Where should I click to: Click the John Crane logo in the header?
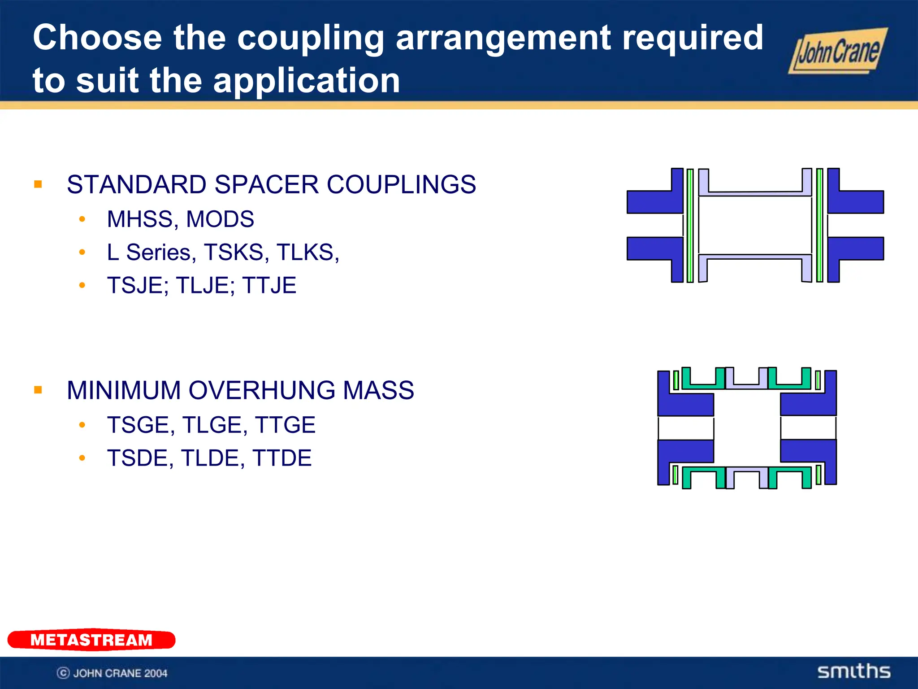coord(837,51)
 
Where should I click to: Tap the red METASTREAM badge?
coord(91,640)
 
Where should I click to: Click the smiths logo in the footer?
coord(853,672)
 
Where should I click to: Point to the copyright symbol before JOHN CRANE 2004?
coord(63,673)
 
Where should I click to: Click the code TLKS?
coord(307,252)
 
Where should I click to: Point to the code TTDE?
coord(282,458)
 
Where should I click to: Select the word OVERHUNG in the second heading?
coord(262,390)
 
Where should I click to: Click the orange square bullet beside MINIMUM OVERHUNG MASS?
coord(38,390)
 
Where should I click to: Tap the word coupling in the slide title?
coord(310,38)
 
